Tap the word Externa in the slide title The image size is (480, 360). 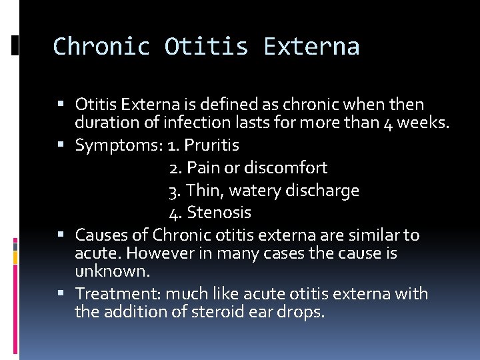click(311, 47)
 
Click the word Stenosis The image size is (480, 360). click(219, 213)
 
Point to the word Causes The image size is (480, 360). click(99, 235)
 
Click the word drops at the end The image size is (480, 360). click(304, 312)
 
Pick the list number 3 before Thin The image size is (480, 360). click(175, 191)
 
